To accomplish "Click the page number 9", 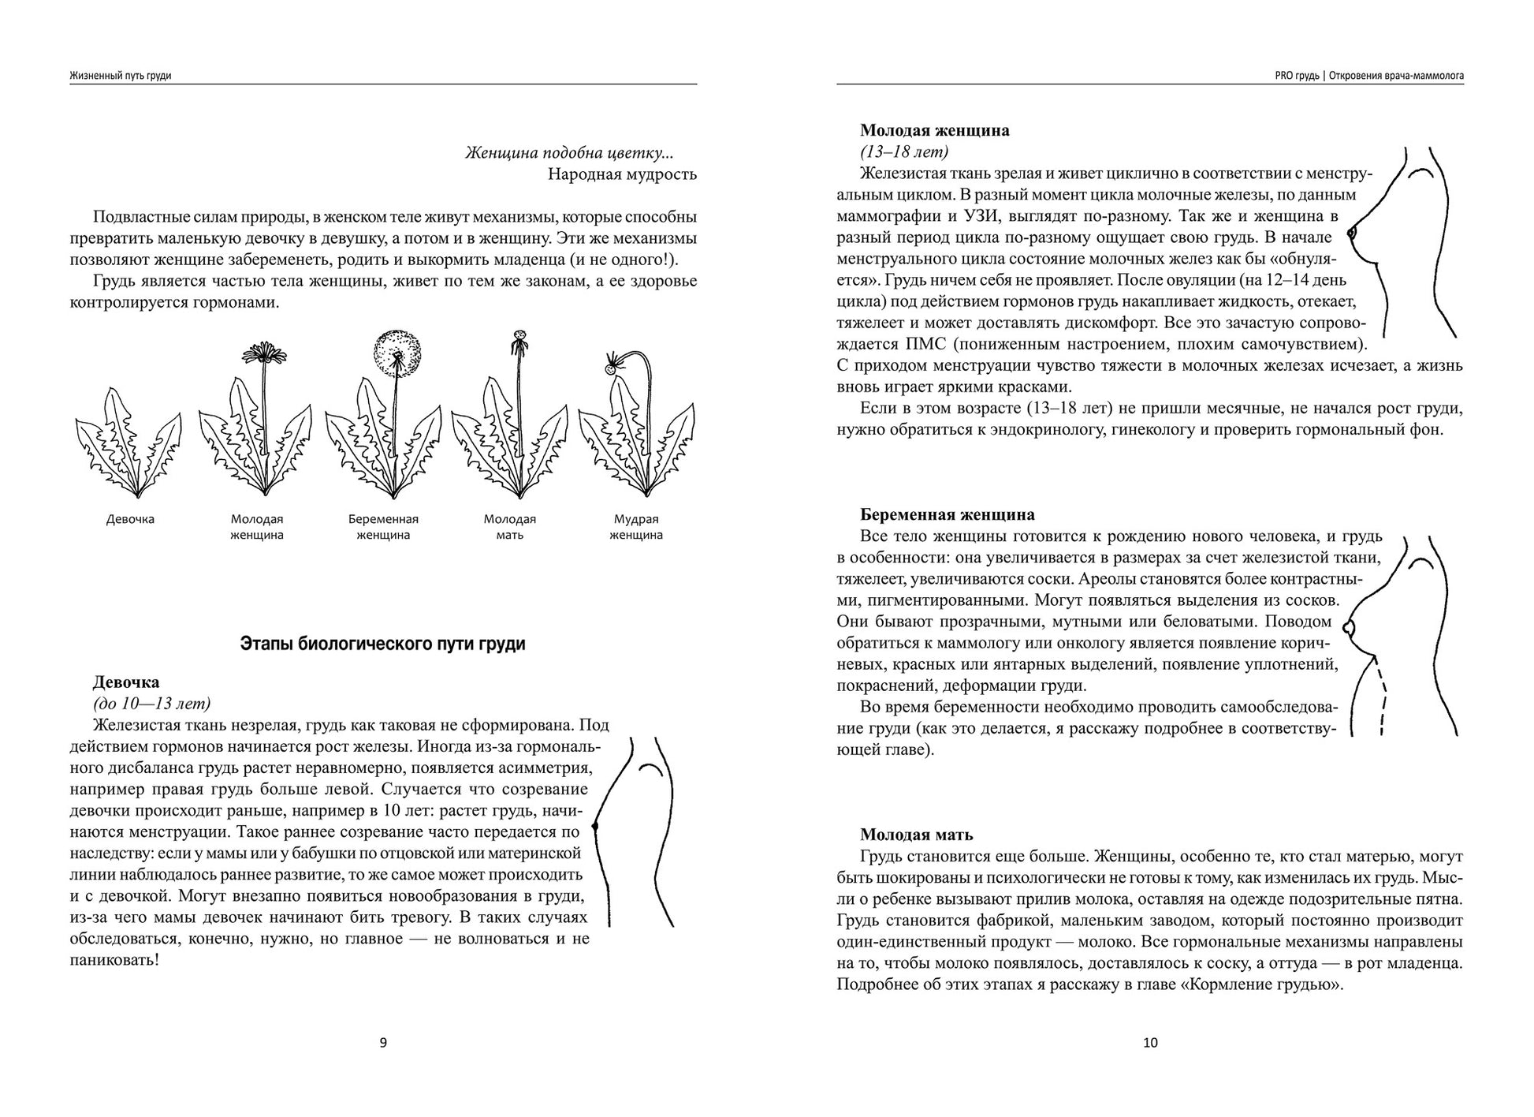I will [384, 1043].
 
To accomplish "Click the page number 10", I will [1150, 1043].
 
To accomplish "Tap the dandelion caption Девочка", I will [130, 520].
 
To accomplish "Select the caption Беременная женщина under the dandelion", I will [383, 527].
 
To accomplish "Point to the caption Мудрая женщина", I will [636, 527].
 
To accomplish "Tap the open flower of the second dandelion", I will [263, 353].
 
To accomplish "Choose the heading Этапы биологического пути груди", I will [382, 644].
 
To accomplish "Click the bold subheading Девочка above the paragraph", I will [126, 682].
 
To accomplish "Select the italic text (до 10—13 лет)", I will [151, 704].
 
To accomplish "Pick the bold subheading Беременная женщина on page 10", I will [948, 515].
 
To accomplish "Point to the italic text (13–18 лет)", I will [904, 151].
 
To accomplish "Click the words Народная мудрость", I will [622, 174].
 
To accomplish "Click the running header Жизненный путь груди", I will [121, 76].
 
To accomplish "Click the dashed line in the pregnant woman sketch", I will [1383, 698].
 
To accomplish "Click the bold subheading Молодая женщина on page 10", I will [935, 131].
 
